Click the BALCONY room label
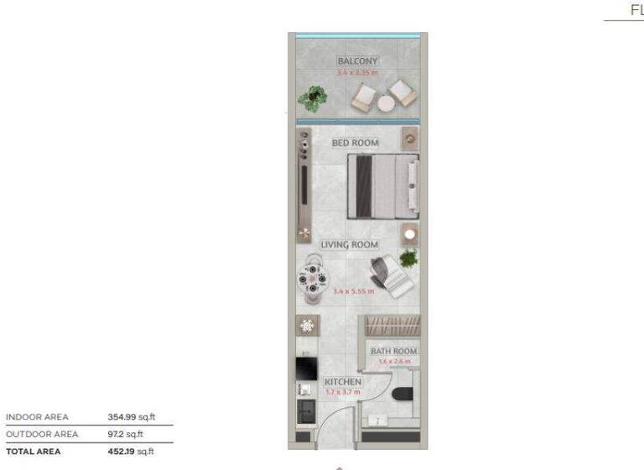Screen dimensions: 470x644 (358, 61)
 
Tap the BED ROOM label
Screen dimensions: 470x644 (355, 144)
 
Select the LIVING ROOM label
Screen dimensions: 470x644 (355, 245)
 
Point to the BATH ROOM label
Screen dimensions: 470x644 (393, 351)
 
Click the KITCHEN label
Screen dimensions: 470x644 (342, 382)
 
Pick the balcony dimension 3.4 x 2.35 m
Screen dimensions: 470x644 (358, 73)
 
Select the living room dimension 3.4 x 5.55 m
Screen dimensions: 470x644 (353, 291)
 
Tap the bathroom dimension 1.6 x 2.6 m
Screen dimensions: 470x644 (393, 362)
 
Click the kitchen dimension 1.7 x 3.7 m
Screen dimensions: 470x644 (342, 392)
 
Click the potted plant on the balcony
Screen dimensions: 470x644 (313, 98)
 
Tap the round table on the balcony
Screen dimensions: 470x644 (386, 102)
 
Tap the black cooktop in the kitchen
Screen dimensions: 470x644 (305, 368)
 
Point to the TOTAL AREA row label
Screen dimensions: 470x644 (34, 452)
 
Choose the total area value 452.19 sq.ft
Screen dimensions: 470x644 (132, 452)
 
